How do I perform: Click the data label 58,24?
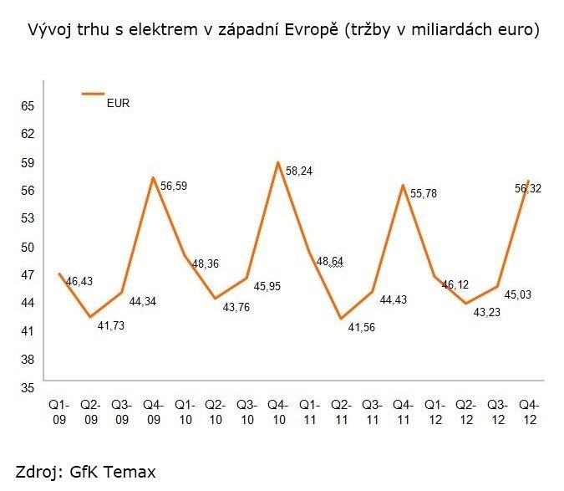[x=299, y=171]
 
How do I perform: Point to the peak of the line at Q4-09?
[x=153, y=177]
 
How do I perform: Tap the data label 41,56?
[x=361, y=329]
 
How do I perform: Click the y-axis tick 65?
[x=28, y=106]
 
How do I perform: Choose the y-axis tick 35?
[x=28, y=387]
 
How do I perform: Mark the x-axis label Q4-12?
[x=529, y=412]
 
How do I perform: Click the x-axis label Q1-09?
[x=59, y=412]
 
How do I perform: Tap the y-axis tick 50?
[x=28, y=247]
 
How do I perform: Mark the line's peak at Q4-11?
[x=404, y=185]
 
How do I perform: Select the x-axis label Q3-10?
[x=247, y=412]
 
